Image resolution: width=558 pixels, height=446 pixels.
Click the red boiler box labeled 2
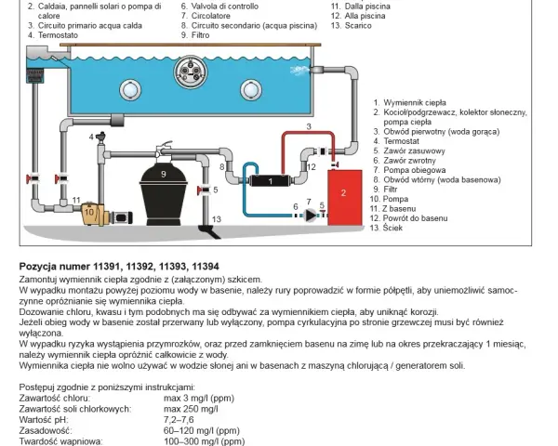345,197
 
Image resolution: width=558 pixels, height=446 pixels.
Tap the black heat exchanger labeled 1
270,181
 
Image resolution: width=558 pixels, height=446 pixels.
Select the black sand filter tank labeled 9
164,195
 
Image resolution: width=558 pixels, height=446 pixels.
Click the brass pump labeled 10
92,214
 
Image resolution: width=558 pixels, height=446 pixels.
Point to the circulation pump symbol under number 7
311,215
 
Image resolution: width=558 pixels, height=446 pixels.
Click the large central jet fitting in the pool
191,71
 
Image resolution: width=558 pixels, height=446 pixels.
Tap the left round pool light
130,90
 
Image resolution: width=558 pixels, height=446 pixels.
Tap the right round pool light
251,90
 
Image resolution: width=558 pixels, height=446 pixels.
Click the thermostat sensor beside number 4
101,138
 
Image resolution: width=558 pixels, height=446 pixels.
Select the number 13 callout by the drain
217,219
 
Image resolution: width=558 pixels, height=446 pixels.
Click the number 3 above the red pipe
309,126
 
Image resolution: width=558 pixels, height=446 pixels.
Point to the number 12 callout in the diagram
311,167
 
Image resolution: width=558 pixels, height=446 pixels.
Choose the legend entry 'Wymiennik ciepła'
415,103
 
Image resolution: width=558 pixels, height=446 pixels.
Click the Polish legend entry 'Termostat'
401,141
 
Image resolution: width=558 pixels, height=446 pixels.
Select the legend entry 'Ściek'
392,228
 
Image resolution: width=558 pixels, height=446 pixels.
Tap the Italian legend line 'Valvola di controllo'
225,7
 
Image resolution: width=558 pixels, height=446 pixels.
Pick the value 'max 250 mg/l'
191,409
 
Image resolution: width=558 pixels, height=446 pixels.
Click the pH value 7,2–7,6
179,420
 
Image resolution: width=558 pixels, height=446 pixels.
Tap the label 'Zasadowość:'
46,431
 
